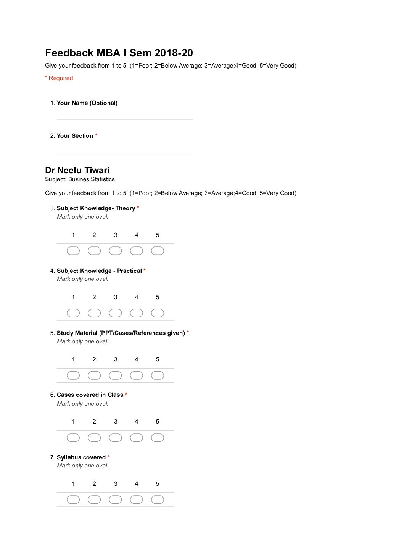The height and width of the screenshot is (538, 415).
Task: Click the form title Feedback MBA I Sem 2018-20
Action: tap(119, 53)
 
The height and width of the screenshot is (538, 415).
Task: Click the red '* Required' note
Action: tap(59, 78)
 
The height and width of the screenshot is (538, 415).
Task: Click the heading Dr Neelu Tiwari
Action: tap(77, 170)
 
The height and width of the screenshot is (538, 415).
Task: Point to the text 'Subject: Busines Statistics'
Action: tap(80, 179)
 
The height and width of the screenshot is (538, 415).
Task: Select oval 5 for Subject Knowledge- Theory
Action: tap(158, 251)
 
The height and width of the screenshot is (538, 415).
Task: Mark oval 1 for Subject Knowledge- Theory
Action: tap(73, 251)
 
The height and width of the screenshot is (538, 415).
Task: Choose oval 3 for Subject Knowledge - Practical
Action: tap(115, 313)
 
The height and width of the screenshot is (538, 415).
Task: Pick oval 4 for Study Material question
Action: tap(136, 375)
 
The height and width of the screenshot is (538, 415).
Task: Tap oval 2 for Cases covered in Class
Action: tap(94, 438)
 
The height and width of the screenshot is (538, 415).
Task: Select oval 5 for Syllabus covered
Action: tap(158, 499)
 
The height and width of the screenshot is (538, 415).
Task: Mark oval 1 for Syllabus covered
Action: tap(73, 499)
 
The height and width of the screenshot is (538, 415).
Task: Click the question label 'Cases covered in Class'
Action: tap(90, 395)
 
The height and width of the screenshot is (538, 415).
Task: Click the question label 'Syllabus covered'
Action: tap(81, 457)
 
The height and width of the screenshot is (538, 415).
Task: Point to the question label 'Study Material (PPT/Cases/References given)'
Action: tap(121, 333)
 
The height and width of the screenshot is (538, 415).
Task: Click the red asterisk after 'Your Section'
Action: tap(96, 135)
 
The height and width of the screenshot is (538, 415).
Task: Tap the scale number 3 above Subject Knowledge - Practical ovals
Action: tap(116, 297)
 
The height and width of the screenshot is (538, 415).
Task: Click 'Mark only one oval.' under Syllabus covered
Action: tap(82, 466)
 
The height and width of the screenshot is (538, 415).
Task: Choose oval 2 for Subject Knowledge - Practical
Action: tap(94, 313)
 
